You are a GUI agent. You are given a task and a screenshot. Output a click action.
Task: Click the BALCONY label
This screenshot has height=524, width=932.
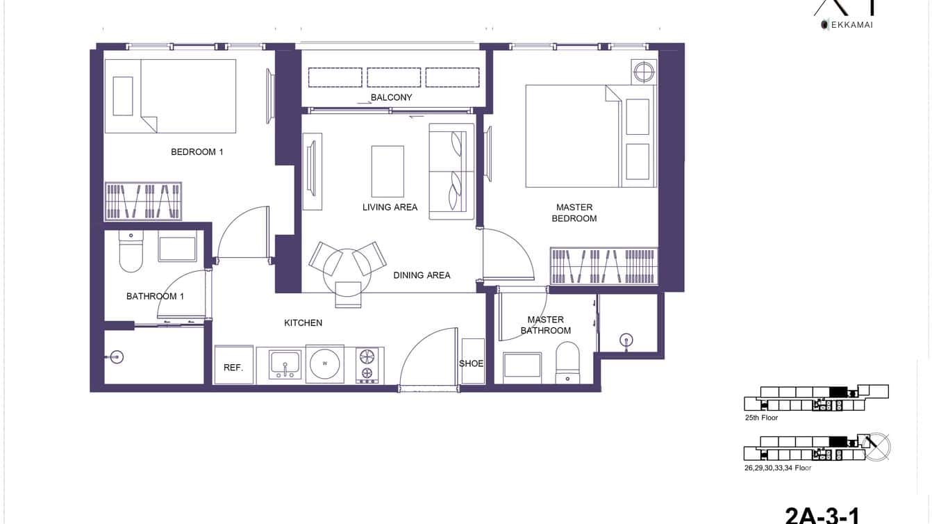391,98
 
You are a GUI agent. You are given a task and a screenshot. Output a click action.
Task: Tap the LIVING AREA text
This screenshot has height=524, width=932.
390,207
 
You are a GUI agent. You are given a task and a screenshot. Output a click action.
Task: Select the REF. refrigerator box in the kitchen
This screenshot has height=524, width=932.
233,366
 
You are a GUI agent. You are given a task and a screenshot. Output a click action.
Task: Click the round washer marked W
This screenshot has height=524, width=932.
324,363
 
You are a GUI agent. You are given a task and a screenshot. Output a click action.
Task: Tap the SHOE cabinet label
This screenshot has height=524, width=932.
472,363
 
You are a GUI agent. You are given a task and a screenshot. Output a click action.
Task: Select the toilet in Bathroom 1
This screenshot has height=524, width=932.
131,252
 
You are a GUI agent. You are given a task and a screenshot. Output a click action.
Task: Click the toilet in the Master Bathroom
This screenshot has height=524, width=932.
567,365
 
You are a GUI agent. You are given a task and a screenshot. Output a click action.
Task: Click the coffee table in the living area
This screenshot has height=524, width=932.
388,172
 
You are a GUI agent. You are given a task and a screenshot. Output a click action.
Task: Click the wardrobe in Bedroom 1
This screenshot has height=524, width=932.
143,202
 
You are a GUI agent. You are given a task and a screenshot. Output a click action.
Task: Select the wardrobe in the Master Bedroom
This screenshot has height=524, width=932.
604,265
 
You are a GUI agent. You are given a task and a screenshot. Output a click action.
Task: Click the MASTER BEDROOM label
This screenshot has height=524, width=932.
574,213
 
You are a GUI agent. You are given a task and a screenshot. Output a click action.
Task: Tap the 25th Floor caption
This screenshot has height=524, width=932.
761,418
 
